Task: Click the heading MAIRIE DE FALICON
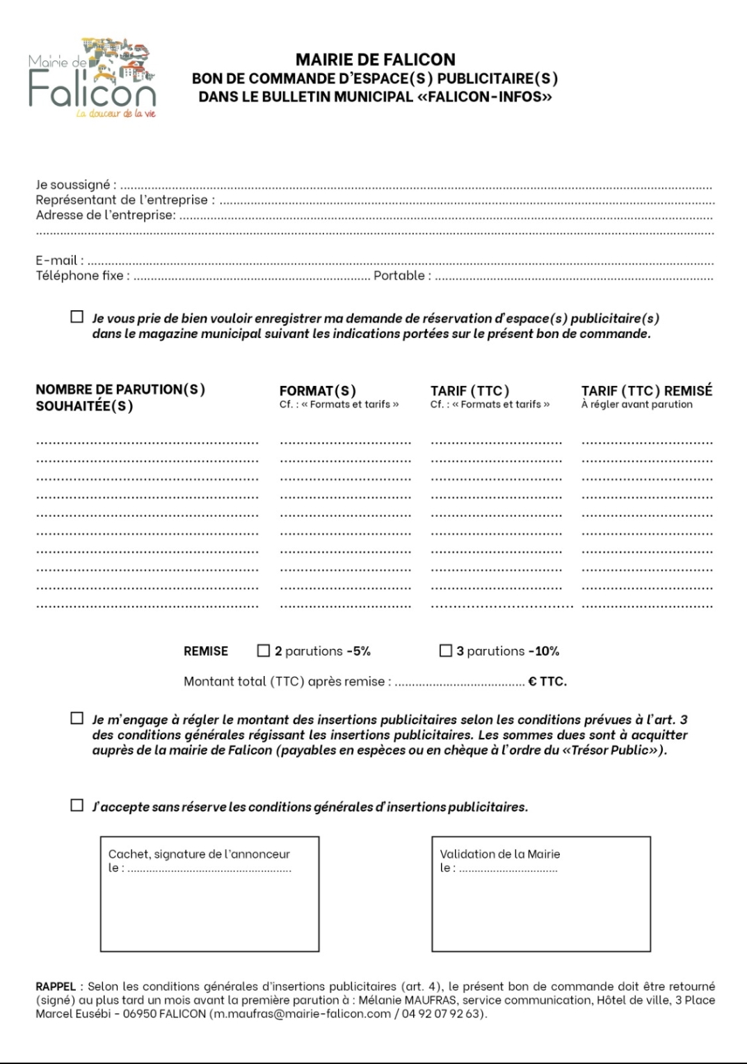[x=376, y=60]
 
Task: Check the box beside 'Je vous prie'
[x=77, y=317]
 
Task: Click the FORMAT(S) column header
[x=318, y=391]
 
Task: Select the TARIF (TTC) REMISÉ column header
[x=647, y=391]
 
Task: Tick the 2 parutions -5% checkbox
[x=263, y=651]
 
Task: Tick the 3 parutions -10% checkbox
[x=445, y=651]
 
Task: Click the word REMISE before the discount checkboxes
[x=206, y=652]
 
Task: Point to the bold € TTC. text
[x=547, y=682]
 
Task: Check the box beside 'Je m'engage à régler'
[x=77, y=718]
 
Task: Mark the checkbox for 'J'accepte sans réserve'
[x=77, y=806]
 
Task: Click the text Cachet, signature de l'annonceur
[x=199, y=854]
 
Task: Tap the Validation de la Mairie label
[x=499, y=854]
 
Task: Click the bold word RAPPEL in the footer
[x=56, y=987]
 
